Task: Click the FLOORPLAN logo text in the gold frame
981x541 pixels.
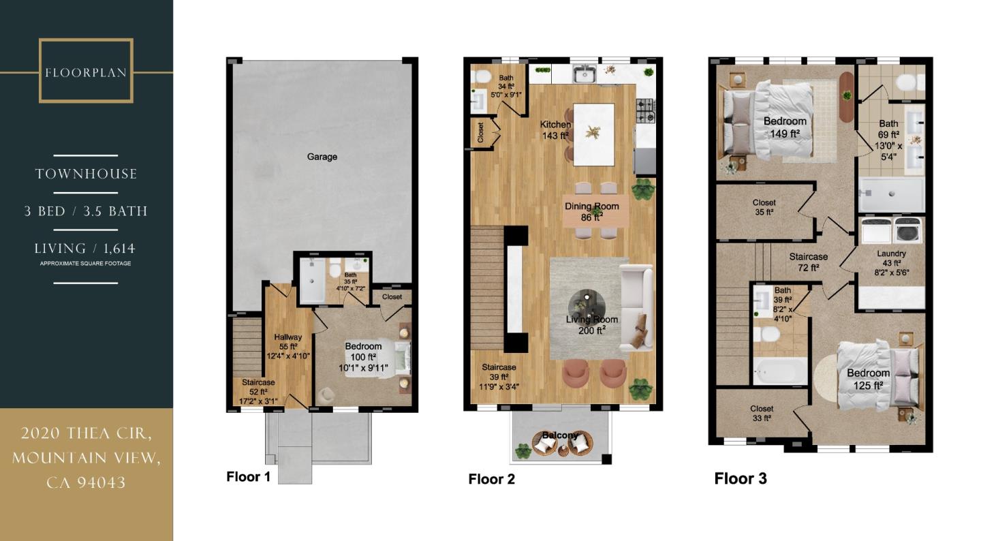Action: click(86, 72)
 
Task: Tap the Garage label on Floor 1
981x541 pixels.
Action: click(322, 157)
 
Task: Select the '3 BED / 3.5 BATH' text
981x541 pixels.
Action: click(86, 211)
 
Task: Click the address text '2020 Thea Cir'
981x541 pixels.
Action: click(86, 433)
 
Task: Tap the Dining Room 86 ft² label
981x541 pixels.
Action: click(591, 212)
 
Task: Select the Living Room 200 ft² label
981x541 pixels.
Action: click(591, 325)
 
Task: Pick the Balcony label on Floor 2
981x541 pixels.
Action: click(561, 435)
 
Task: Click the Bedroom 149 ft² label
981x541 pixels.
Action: click(785, 127)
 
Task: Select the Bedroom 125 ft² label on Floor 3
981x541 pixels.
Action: click(868, 379)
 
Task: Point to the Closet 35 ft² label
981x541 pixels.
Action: click(764, 207)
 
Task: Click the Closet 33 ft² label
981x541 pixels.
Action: click(762, 414)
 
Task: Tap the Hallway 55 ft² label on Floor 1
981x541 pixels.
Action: click(287, 345)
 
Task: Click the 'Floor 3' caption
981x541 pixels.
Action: click(741, 479)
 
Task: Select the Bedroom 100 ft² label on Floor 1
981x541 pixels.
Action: click(363, 356)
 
